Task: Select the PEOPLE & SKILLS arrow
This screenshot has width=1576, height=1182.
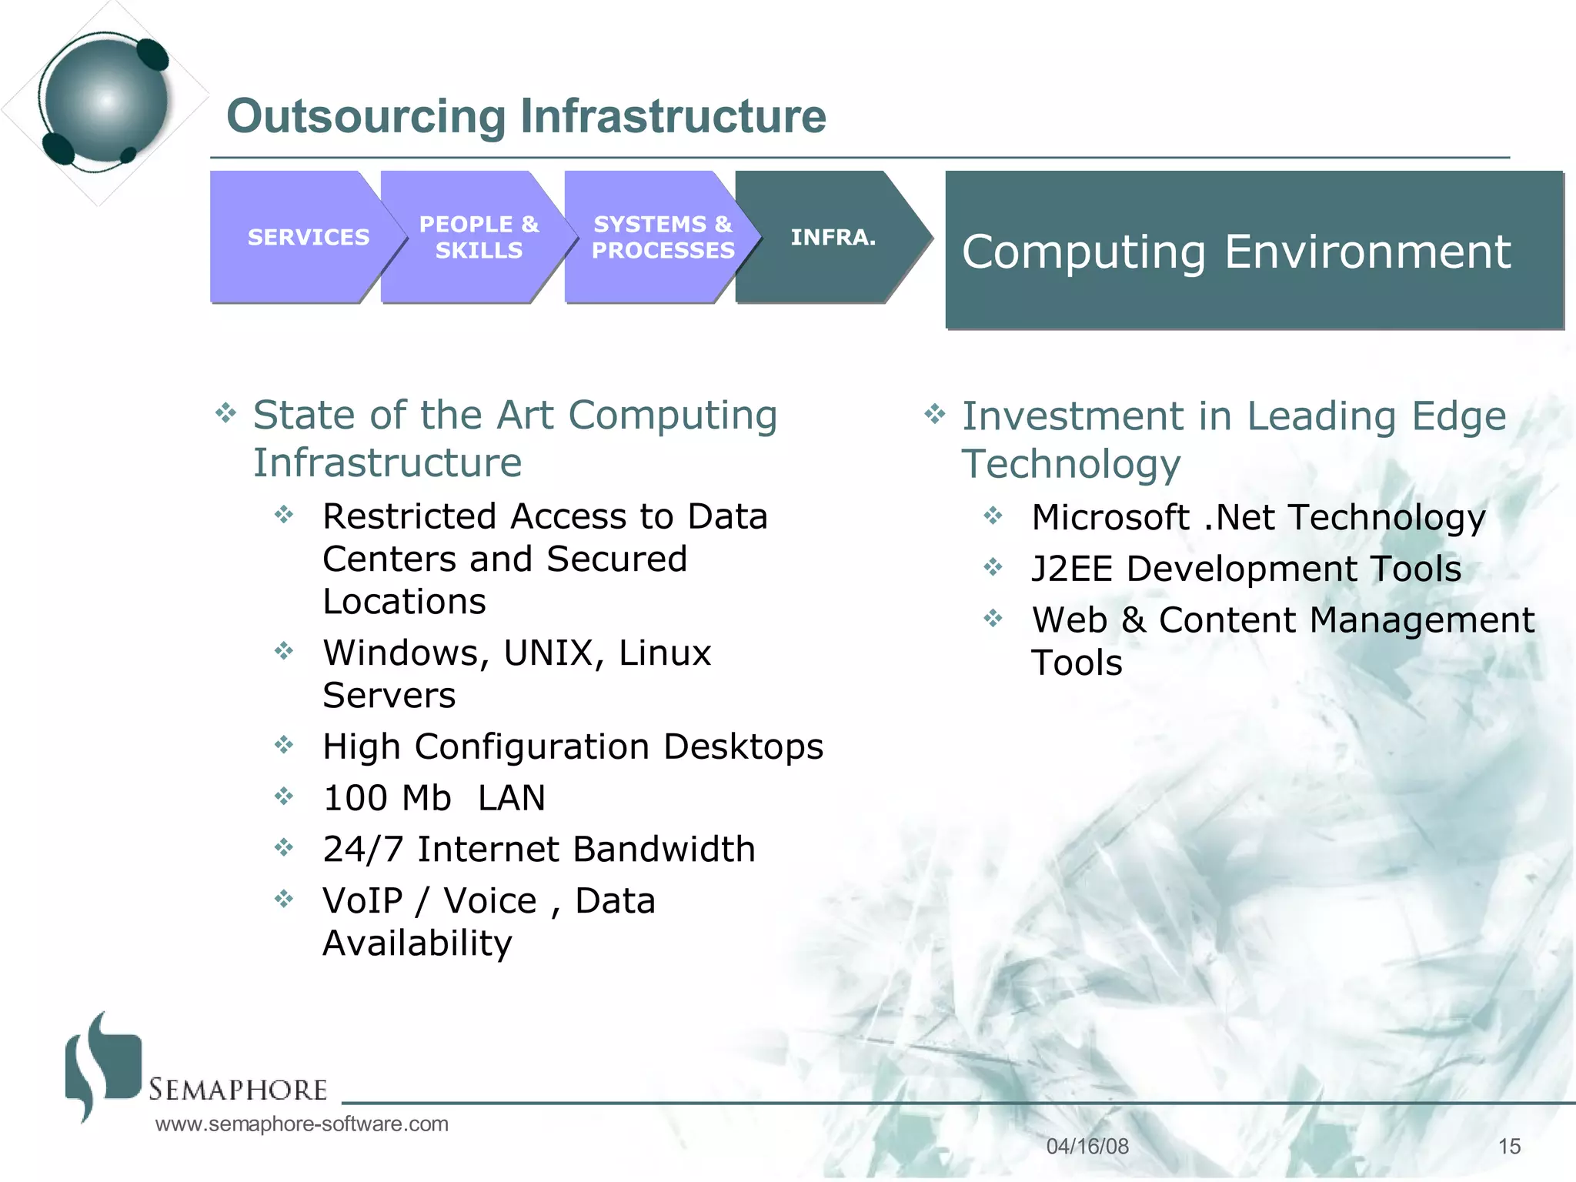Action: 478,237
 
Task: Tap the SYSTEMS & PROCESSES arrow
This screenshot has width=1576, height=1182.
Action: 662,237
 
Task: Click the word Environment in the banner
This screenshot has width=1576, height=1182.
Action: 1367,252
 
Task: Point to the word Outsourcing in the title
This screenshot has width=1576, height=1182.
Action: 366,116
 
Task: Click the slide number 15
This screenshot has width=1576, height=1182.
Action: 1509,1147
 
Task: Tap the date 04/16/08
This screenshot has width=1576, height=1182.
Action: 1087,1147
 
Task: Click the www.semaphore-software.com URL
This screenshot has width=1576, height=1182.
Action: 302,1124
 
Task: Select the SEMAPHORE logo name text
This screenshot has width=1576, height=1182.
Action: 238,1090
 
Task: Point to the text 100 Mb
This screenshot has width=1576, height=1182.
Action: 386,798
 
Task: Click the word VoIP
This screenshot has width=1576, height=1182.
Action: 362,901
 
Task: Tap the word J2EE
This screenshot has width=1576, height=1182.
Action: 1072,569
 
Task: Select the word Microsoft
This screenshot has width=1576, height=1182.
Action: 1110,517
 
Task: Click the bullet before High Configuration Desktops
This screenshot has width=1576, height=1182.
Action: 284,745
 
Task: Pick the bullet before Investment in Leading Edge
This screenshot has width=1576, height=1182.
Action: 934,415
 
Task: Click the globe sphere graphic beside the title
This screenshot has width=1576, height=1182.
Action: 105,100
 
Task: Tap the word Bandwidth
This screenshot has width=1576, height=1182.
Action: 663,850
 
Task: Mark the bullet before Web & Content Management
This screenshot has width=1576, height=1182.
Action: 993,618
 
